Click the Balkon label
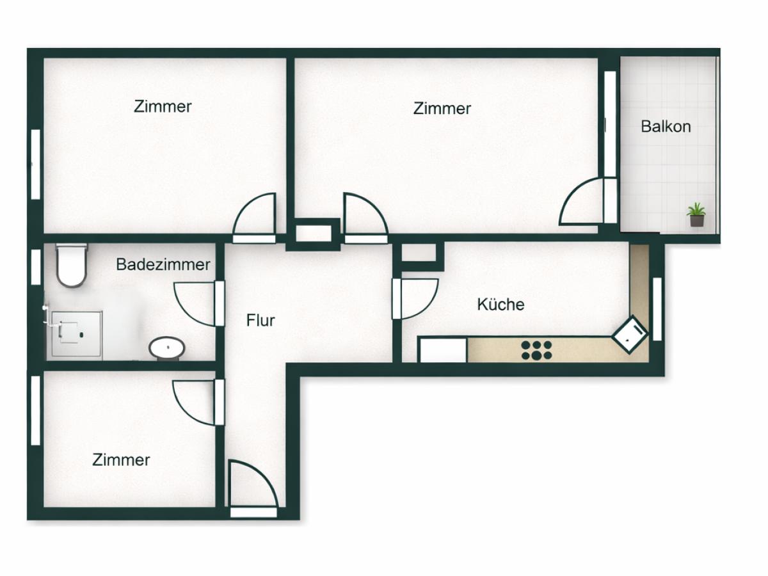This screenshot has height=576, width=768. coord(666,126)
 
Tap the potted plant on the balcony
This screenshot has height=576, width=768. coord(696,214)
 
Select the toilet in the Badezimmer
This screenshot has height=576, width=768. coord(71,265)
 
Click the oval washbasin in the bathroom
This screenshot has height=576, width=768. coord(167,348)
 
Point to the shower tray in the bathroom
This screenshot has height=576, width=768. coord(76,333)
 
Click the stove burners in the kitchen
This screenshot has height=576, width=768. coord(536,349)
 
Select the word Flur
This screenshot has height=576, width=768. coord(260,320)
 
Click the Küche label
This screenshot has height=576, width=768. coord(500,304)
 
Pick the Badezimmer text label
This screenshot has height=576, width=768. coord(163,264)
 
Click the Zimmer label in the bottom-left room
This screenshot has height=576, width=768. coord(121,460)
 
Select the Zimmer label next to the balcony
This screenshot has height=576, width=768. coord(442,108)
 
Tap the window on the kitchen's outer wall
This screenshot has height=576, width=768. coord(657,308)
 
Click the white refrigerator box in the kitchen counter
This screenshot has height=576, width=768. coord(442,350)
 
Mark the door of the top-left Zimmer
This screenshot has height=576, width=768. coord(254,216)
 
